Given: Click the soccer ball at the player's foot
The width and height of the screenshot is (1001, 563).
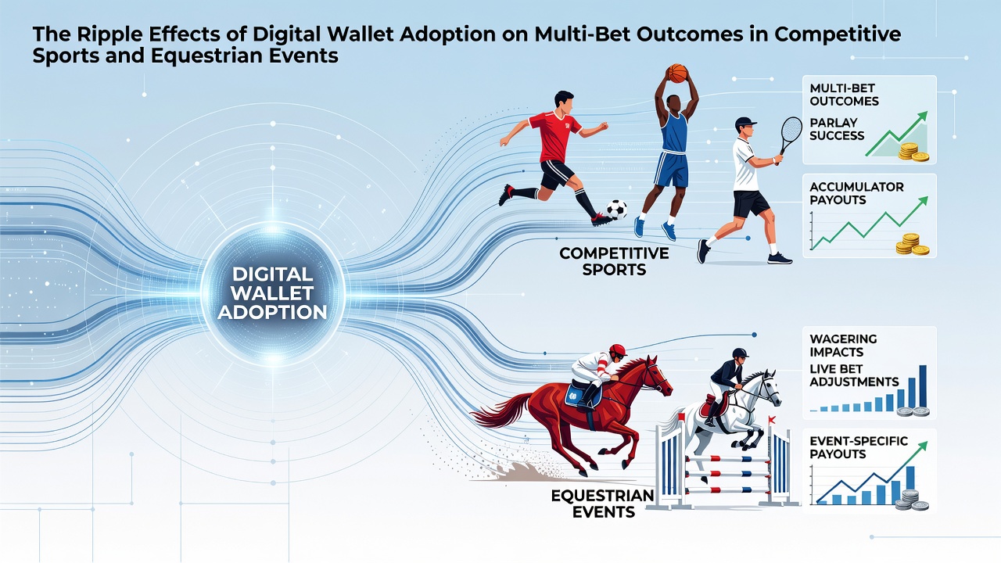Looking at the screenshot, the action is (617, 210).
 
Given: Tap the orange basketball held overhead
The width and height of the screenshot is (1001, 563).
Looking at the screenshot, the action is (676, 74).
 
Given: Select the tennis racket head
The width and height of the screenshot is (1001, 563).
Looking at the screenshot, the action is (792, 130).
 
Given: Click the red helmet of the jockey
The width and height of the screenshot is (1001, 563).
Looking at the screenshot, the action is (618, 351).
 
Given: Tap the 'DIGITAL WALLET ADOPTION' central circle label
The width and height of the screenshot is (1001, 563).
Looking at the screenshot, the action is (271, 293).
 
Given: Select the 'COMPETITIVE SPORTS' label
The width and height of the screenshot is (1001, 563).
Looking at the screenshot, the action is (614, 261).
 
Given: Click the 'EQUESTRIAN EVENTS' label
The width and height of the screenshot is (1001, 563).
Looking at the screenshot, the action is (603, 504).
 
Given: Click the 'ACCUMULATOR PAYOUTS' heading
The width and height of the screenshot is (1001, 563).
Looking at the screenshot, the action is (856, 193).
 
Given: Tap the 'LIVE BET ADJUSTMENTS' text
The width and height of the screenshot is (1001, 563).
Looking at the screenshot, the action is (853, 375).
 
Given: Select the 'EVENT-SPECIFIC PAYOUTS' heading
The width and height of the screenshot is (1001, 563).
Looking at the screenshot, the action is (859, 448).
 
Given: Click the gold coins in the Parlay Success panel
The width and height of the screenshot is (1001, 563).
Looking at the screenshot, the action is (913, 152).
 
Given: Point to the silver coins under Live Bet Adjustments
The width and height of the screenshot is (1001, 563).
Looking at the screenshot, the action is (913, 411).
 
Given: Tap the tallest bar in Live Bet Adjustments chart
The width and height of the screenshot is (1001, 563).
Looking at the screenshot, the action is (922, 386).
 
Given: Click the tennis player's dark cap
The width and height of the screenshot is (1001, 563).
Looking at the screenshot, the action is (745, 121).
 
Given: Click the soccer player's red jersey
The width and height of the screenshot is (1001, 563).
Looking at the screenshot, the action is (554, 136).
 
